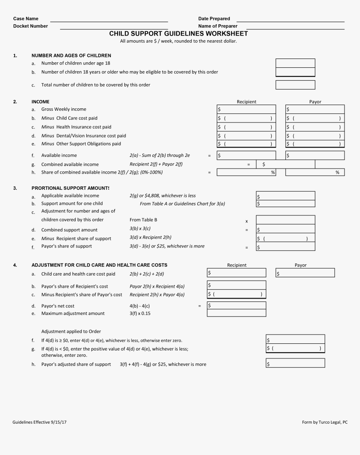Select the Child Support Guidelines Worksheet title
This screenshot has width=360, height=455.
pos(178,33)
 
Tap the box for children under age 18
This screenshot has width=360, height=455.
pos(295,63)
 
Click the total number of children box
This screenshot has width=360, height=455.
pos(295,85)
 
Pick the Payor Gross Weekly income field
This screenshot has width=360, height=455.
pos(315,109)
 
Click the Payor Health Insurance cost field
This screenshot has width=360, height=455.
pos(315,127)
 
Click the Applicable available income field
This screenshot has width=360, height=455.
pos(285,196)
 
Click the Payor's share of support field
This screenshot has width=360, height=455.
pos(285,247)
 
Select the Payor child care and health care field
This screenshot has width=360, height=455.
pos(305,273)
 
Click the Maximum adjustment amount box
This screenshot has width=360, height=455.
pos(237,313)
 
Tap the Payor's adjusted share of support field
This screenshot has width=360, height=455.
pos(296,364)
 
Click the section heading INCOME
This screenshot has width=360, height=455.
pos(40,102)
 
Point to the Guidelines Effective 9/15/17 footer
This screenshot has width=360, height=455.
pos(40,422)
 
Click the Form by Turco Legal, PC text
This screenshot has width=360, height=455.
pos(324,422)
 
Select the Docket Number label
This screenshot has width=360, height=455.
pos(31,26)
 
